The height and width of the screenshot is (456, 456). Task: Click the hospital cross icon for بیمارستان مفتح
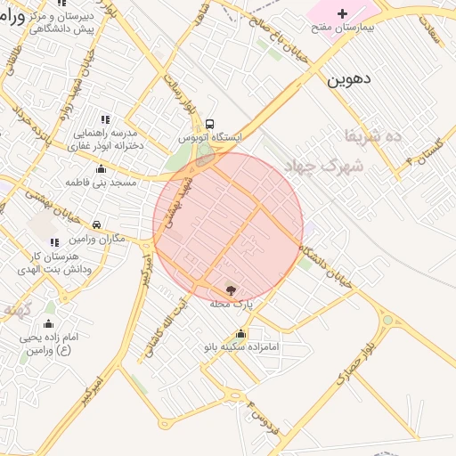click(x=342, y=14)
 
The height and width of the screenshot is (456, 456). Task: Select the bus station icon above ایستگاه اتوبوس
click(x=209, y=125)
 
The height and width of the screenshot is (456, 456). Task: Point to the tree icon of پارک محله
click(x=232, y=289)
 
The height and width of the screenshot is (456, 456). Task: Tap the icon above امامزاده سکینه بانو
click(x=241, y=334)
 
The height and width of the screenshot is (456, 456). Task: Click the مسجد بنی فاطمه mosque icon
click(x=101, y=169)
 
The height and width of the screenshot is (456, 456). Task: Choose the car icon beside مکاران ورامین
click(x=96, y=224)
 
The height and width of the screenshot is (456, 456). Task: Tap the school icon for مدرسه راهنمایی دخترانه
click(x=105, y=118)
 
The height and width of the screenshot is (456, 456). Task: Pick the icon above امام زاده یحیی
click(x=49, y=324)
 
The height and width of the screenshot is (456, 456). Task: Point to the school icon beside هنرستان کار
click(x=55, y=241)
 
